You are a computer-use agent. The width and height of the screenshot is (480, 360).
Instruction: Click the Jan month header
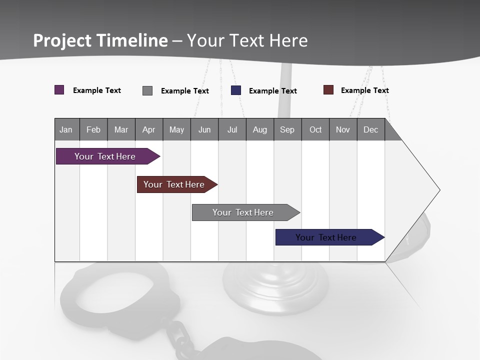click(x=66, y=129)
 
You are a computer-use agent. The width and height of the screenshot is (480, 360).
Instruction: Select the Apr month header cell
click(x=149, y=129)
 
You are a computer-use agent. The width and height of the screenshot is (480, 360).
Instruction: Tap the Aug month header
click(x=259, y=129)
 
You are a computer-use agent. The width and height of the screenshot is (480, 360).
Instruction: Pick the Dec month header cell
click(x=370, y=129)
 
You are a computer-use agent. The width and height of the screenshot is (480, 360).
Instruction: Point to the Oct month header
click(x=315, y=129)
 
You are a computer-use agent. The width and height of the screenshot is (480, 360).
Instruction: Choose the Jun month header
click(x=204, y=129)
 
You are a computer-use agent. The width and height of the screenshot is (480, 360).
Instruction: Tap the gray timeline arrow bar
click(x=243, y=212)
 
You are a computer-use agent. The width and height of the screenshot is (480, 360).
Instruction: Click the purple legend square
click(x=59, y=90)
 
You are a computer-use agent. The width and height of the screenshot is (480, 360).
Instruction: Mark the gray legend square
click(x=147, y=90)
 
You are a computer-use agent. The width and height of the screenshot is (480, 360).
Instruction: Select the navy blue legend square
click(x=236, y=90)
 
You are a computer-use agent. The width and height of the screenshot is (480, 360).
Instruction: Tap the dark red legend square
click(x=328, y=90)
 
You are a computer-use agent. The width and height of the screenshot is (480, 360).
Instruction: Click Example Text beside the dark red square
click(x=364, y=90)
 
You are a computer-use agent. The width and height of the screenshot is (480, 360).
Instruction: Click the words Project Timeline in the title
click(x=100, y=40)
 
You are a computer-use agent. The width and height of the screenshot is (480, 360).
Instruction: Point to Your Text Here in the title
click(x=247, y=40)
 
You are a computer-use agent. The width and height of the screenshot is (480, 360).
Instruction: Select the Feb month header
click(x=93, y=129)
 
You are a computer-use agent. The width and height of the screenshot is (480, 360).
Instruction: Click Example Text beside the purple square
click(x=97, y=90)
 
